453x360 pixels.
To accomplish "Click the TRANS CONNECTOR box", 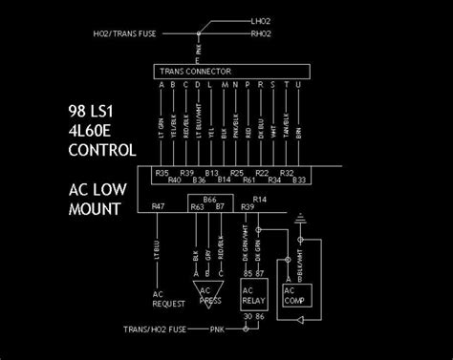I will click(x=232, y=71).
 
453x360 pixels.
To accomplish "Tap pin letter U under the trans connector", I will click(x=299, y=85).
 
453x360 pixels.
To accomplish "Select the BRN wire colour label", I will click(x=299, y=132).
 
